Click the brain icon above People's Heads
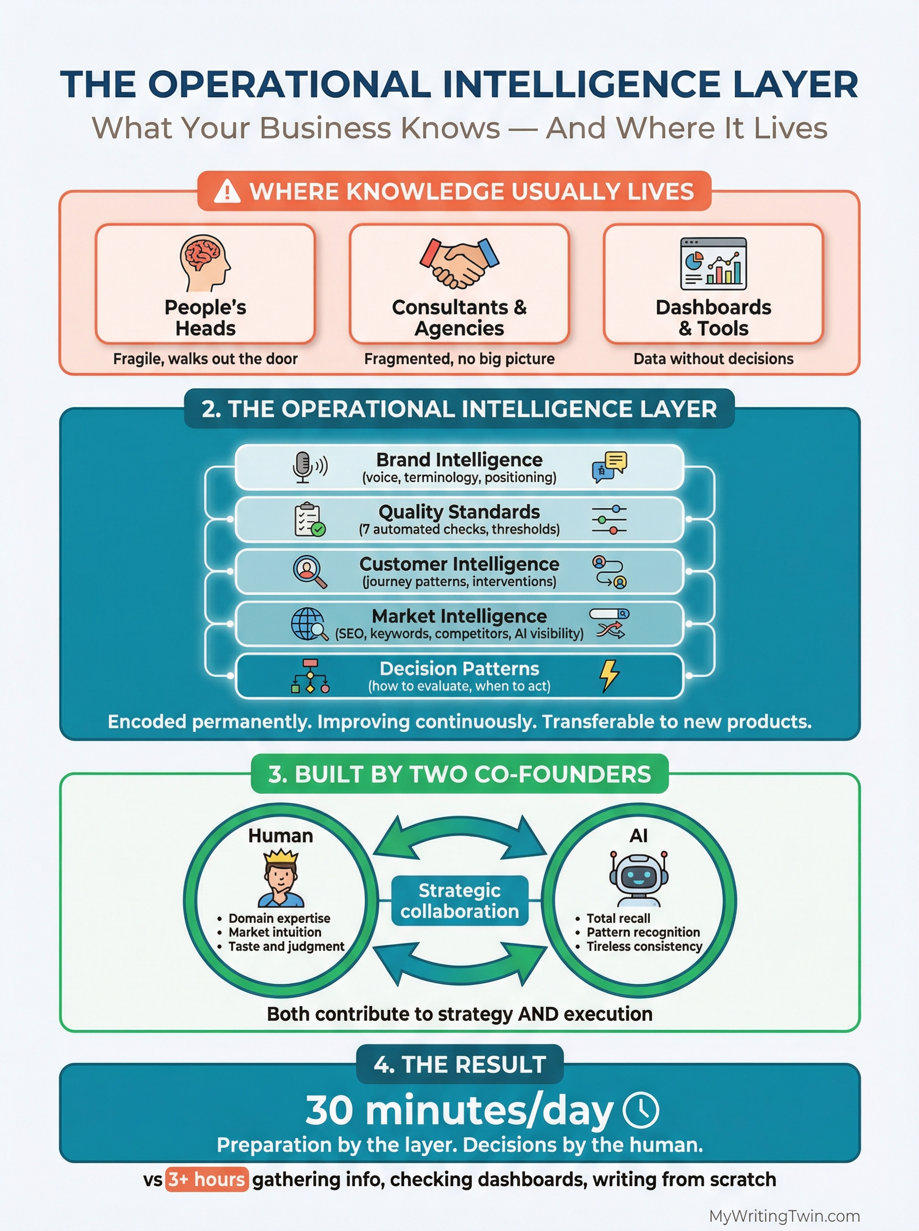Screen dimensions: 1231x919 [x=205, y=263]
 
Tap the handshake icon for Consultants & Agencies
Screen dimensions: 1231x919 [x=459, y=263]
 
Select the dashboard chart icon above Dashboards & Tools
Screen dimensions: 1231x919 [x=713, y=263]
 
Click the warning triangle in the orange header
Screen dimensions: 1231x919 [x=227, y=192]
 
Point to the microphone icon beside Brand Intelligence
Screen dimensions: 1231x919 [x=303, y=467]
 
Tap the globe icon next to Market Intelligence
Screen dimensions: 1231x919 [x=308, y=624]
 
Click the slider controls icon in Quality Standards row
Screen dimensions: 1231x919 [x=609, y=520]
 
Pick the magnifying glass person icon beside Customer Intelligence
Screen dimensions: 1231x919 [x=309, y=571]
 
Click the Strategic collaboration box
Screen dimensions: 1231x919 [x=459, y=901]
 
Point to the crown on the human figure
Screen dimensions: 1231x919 [x=281, y=857]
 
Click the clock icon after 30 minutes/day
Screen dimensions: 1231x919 [x=641, y=1111]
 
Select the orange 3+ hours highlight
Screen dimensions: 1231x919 [x=206, y=1179]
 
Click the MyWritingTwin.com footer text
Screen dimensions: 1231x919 [x=784, y=1216]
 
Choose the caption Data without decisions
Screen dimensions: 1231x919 [x=713, y=359]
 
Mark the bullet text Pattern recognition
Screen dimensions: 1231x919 [x=643, y=932]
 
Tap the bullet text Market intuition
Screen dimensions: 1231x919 [x=275, y=932]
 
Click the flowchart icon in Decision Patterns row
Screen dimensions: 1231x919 [x=310, y=676]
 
